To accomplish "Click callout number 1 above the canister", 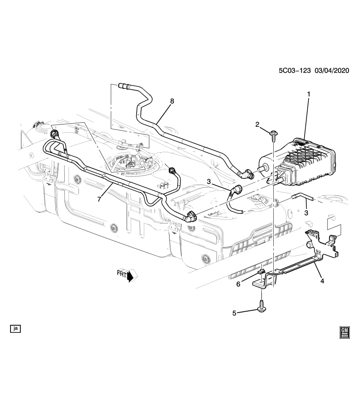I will [308, 94].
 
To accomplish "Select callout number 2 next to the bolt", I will [257, 124].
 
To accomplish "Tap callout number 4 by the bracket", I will [322, 280].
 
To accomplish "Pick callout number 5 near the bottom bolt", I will [234, 313].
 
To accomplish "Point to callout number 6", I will [238, 284].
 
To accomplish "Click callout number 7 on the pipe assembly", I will [99, 199].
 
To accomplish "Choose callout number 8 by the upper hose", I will [172, 101].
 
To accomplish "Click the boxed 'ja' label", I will [16, 328].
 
